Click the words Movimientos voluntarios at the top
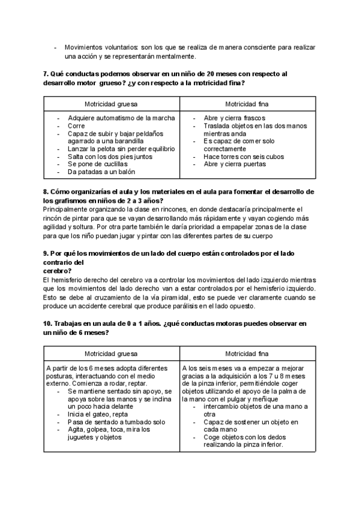pyautogui.click(x=100, y=47)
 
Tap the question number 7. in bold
pyautogui.click(x=46, y=73)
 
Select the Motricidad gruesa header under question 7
pyautogui.click(x=111, y=103)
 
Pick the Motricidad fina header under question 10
pyautogui.click(x=247, y=354)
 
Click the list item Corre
pyautogui.click(x=76, y=126)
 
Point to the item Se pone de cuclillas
pyautogui.click(x=98, y=164)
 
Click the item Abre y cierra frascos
pyautogui.click(x=235, y=118)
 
